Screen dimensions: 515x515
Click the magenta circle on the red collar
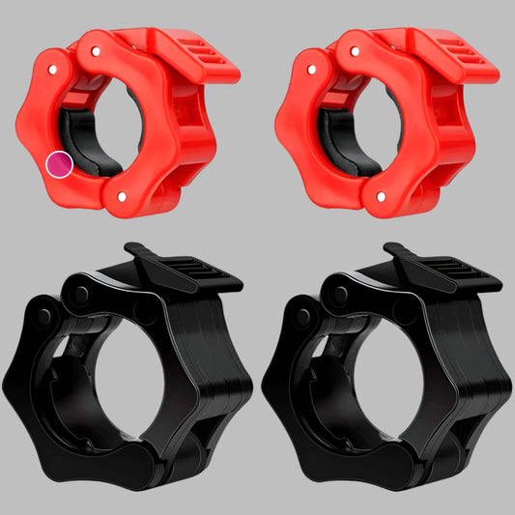point(60,164)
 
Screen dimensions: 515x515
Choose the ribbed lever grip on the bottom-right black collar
point(455,271)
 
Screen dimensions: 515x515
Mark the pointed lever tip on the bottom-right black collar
point(390,248)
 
